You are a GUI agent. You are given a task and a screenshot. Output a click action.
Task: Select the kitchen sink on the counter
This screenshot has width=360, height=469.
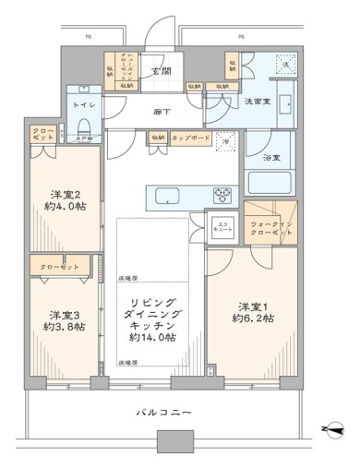pyautogui.click(x=170, y=195)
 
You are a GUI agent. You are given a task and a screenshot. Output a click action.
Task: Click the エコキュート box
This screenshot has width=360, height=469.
pyautogui.click(x=223, y=228)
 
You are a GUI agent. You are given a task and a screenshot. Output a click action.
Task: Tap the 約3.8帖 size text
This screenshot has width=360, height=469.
pyautogui.click(x=60, y=327)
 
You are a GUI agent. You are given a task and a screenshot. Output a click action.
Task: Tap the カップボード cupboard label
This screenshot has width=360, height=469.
pyautogui.click(x=190, y=138)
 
